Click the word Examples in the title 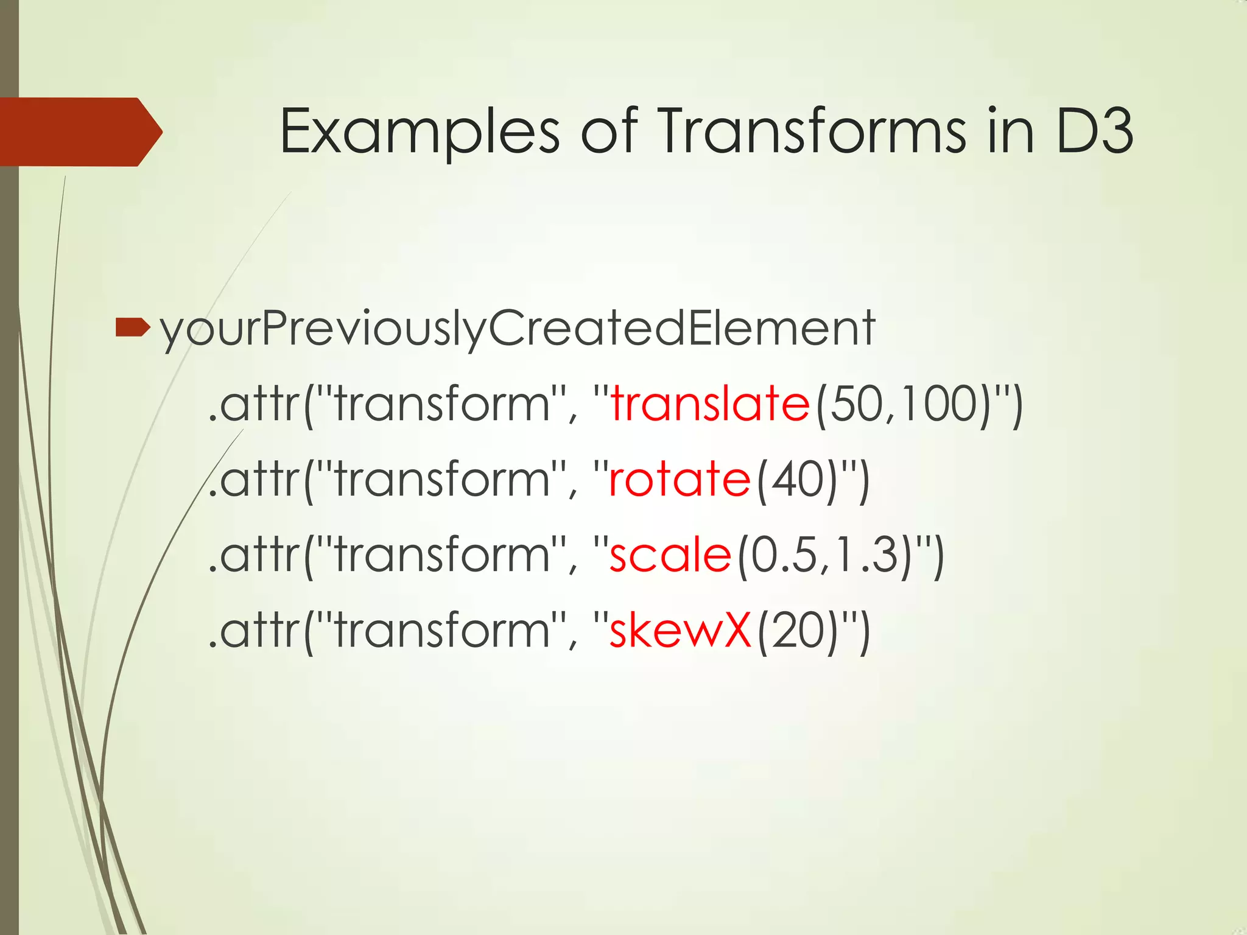tap(419, 131)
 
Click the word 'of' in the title tap(609, 130)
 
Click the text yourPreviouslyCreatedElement tap(517, 329)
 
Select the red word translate tap(710, 404)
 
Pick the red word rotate tap(680, 480)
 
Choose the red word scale tap(670, 555)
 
